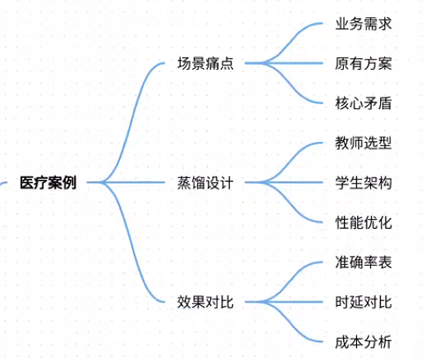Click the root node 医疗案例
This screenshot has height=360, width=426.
(x=48, y=183)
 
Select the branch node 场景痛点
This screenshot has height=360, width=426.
(x=205, y=63)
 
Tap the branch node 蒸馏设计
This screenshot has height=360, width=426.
(x=205, y=183)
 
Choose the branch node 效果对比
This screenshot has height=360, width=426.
(x=205, y=302)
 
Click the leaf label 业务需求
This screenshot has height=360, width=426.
(x=364, y=24)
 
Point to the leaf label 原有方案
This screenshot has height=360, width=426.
(x=364, y=63)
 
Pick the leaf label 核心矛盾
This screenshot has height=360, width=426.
(x=364, y=103)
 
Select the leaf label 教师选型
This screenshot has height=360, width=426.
(x=364, y=143)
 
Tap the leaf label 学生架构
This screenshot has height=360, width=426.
(x=364, y=183)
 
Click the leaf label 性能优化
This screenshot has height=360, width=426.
(x=364, y=222)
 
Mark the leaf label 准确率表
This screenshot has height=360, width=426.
(x=364, y=262)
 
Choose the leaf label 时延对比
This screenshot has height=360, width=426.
(x=364, y=302)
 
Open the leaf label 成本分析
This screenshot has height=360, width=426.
(x=364, y=342)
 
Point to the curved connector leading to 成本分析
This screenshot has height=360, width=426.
(x=290, y=322)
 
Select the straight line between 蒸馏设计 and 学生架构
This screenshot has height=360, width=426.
(x=284, y=183)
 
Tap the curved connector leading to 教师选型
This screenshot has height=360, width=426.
(x=290, y=162)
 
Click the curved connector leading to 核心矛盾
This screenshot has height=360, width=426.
(x=290, y=83)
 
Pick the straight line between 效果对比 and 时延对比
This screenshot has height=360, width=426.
(x=284, y=302)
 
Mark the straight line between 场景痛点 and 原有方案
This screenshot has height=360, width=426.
(x=284, y=63)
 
